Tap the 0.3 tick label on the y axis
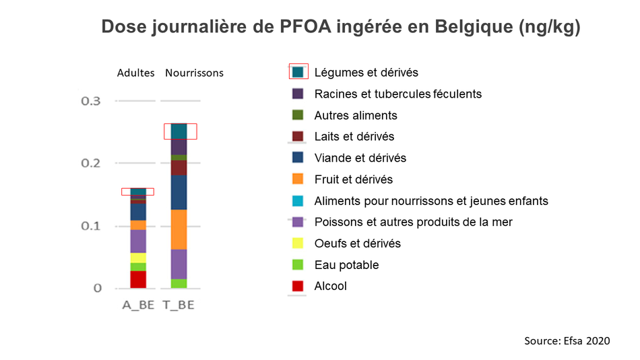point(91,101)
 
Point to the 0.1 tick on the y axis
point(91,226)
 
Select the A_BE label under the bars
point(138,305)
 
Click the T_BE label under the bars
point(179,305)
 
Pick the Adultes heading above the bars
point(136,73)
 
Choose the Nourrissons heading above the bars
point(194,73)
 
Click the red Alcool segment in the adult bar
point(138,280)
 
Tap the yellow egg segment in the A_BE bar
point(138,258)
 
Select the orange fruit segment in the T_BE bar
point(179,230)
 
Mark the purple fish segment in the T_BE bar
point(179,264)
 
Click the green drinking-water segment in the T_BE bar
point(179,284)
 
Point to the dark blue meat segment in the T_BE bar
point(179,192)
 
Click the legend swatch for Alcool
point(298,286)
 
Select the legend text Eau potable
point(346,265)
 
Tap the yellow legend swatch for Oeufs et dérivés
point(298,243)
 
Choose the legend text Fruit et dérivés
point(354,179)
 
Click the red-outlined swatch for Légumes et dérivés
point(298,72)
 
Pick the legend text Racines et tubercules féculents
point(398,94)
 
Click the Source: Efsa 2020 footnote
point(567,341)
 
